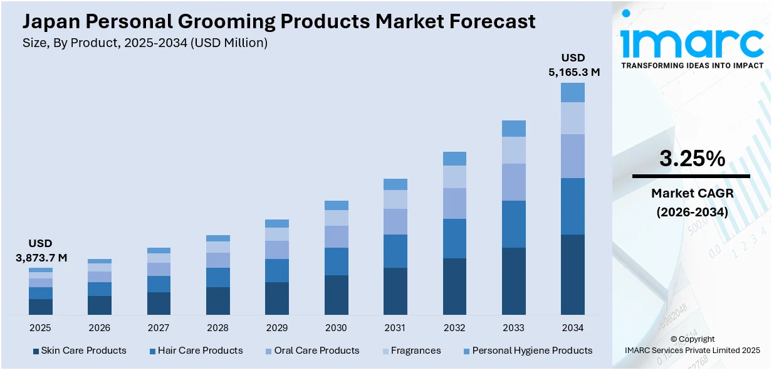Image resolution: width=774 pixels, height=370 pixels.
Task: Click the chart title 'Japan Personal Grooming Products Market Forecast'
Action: pyautogui.click(x=279, y=21)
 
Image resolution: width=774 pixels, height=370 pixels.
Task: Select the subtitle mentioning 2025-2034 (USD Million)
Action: pyautogui.click(x=145, y=43)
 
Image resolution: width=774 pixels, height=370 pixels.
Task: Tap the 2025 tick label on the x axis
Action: pyautogui.click(x=40, y=327)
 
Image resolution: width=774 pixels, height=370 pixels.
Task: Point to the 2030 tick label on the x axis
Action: pyautogui.click(x=336, y=327)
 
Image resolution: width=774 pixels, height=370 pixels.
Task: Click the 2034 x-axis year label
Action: pyautogui.click(x=572, y=327)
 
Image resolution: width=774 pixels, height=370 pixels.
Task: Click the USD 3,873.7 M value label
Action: pyautogui.click(x=41, y=250)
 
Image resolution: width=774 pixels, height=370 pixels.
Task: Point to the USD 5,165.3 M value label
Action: pyautogui.click(x=574, y=65)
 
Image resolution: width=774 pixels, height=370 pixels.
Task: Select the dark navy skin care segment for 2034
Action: pyautogui.click(x=572, y=274)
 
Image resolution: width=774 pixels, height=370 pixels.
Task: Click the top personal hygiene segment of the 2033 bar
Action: pyautogui.click(x=513, y=129)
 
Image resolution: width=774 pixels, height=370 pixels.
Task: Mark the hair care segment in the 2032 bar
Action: pyautogui.click(x=454, y=238)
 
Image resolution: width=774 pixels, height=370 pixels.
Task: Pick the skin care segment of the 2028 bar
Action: pyautogui.click(x=217, y=300)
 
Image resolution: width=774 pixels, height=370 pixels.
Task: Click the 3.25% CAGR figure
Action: pyautogui.click(x=692, y=159)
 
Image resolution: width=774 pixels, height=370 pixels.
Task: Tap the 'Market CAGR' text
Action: pyautogui.click(x=692, y=193)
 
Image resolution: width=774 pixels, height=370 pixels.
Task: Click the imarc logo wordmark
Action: pyautogui.click(x=692, y=43)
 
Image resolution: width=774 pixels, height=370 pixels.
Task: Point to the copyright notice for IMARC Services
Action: pyautogui.click(x=692, y=345)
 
